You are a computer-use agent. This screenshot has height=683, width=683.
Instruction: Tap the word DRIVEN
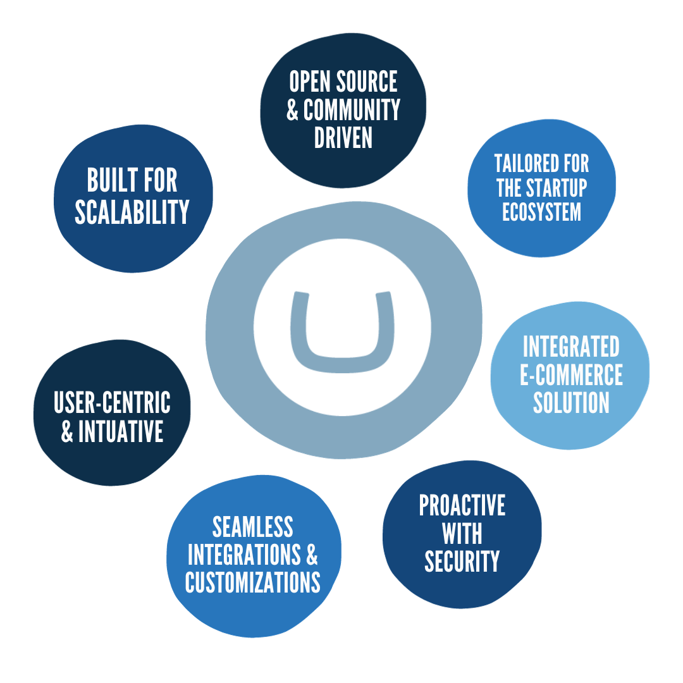coord(343,137)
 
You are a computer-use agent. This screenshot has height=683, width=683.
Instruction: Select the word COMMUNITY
coord(352,109)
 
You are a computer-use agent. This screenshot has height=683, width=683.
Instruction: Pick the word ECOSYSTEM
coord(541,212)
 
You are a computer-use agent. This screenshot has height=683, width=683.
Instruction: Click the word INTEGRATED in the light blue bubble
coord(571,347)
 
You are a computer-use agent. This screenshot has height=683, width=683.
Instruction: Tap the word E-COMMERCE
coord(571,374)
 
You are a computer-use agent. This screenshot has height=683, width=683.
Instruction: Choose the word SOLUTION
coord(571,402)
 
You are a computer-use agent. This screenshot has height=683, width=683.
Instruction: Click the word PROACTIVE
coord(462,505)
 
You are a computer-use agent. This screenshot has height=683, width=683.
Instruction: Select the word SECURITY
coord(462,561)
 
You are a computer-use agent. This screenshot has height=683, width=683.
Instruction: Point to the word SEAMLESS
coord(252,527)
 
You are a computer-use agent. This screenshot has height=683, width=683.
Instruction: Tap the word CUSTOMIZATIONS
coord(252,582)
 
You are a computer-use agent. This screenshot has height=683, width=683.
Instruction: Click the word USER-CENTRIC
coord(112,402)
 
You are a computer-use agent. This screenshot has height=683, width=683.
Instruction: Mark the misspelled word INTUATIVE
coord(121,431)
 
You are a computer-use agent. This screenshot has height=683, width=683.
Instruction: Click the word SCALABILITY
coord(132,212)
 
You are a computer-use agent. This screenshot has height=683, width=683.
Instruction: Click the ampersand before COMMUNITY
coord(292,110)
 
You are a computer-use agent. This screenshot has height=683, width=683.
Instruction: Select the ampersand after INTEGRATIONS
coord(312,555)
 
